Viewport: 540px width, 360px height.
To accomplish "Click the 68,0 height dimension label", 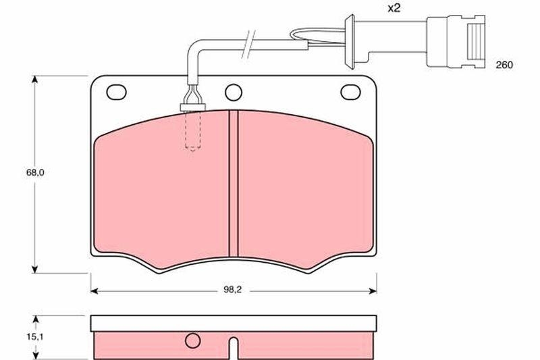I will (x=35, y=173).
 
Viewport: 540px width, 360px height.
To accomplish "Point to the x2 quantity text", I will (x=394, y=8).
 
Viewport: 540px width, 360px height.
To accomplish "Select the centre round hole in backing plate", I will (x=234, y=91).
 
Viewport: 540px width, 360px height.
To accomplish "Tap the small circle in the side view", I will (x=193, y=340).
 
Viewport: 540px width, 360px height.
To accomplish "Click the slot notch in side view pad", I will (x=234, y=348).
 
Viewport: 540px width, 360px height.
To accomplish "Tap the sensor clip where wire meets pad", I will (x=192, y=105).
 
